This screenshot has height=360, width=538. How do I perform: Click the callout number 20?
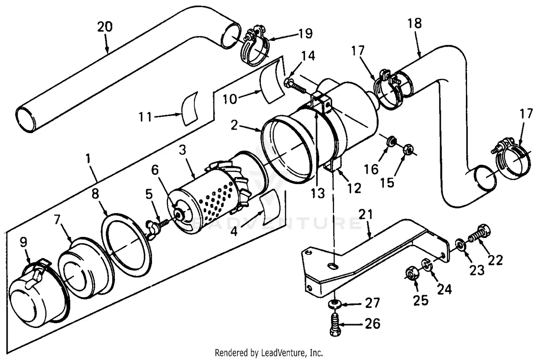click(x=105, y=27)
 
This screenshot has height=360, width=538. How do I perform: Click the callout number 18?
click(x=414, y=24)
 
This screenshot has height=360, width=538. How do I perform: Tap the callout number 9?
click(x=23, y=242)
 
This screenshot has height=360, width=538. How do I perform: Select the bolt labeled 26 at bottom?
click(x=334, y=325)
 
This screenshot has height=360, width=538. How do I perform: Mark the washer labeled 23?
click(x=460, y=245)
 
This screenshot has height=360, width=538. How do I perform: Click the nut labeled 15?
click(x=407, y=150)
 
